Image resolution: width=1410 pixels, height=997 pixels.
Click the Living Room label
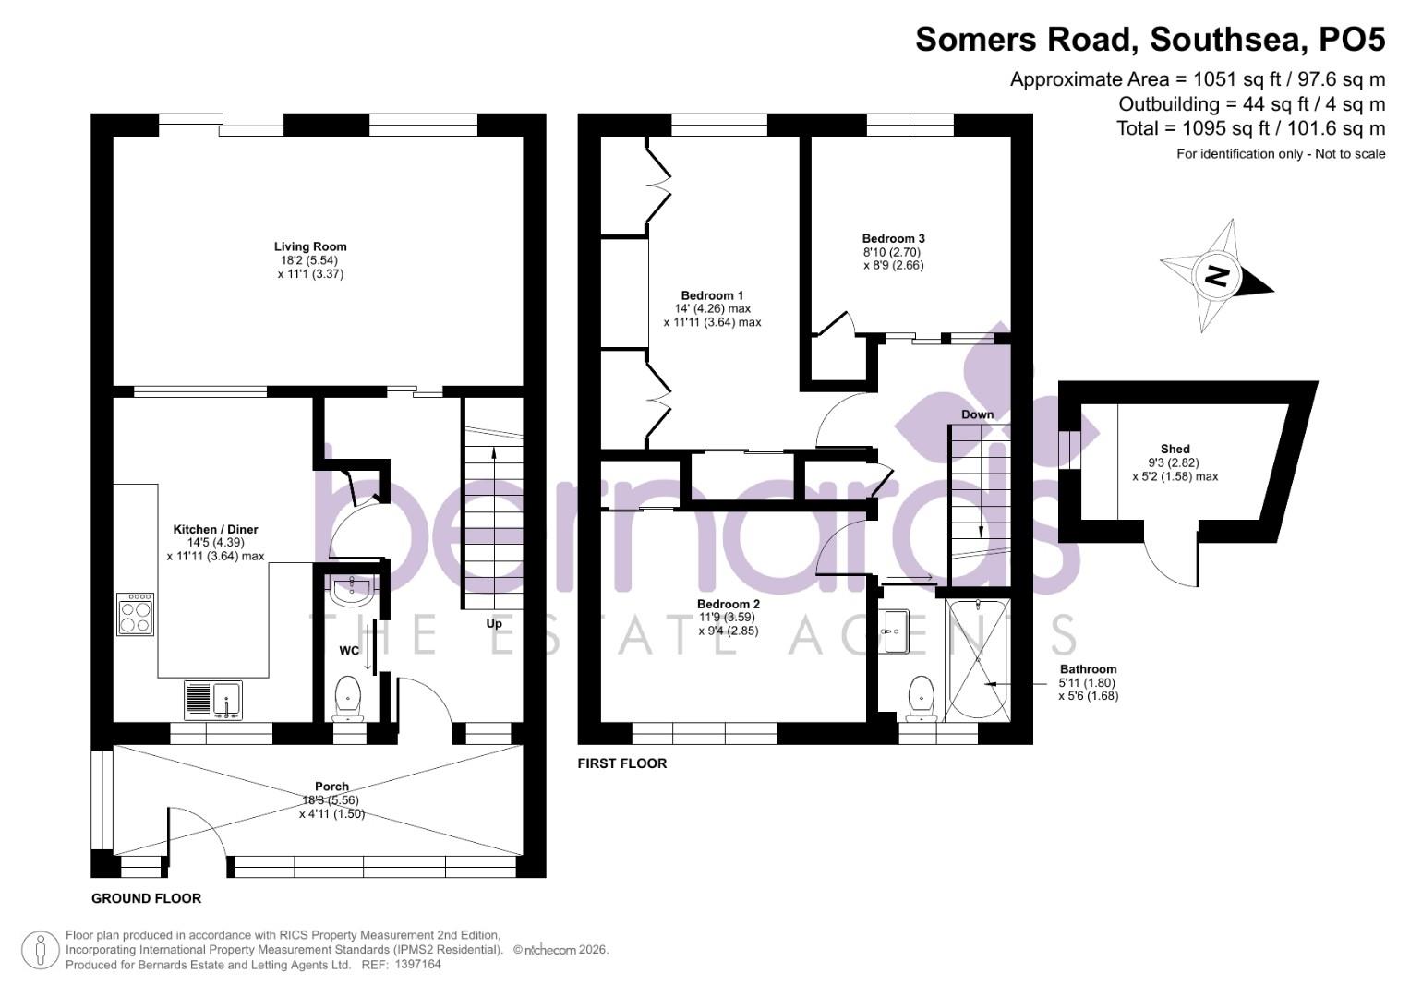(310, 246)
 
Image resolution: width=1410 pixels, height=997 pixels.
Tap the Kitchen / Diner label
(215, 530)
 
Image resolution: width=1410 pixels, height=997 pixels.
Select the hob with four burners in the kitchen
(136, 614)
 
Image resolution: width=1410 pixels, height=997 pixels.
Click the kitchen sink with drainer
(213, 700)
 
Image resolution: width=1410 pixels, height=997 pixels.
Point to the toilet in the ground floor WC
(348, 698)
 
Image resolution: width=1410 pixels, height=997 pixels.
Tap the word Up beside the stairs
(494, 623)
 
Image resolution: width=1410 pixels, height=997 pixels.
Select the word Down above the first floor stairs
(977, 414)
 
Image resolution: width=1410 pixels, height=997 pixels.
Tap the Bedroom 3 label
(893, 238)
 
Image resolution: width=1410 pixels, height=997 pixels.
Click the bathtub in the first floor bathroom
(978, 659)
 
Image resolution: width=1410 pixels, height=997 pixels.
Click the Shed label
(1175, 450)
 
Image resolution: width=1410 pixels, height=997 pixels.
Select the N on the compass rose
(1216, 275)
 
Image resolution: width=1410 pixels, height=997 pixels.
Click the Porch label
(332, 787)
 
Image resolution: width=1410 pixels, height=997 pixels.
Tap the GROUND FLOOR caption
(146, 898)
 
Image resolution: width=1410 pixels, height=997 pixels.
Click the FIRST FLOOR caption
(621, 763)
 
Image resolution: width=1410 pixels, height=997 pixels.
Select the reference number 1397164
(417, 965)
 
